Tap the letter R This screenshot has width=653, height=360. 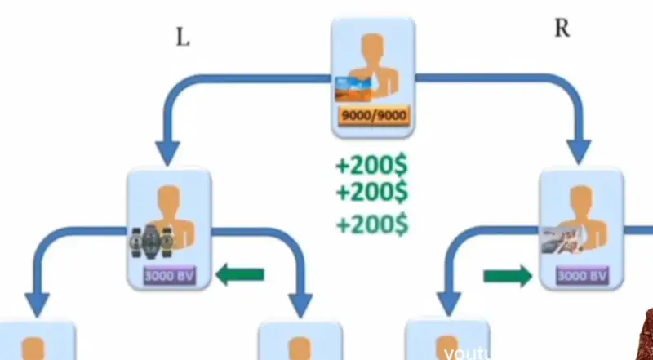[x=562, y=29]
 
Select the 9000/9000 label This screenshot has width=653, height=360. [x=373, y=116]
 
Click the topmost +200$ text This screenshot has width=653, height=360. [x=371, y=166]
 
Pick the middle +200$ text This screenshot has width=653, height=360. [x=371, y=193]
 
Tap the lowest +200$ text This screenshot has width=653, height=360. [x=371, y=223]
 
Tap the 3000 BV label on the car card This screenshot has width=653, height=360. [x=583, y=276]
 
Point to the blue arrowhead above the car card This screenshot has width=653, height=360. [x=580, y=149]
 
